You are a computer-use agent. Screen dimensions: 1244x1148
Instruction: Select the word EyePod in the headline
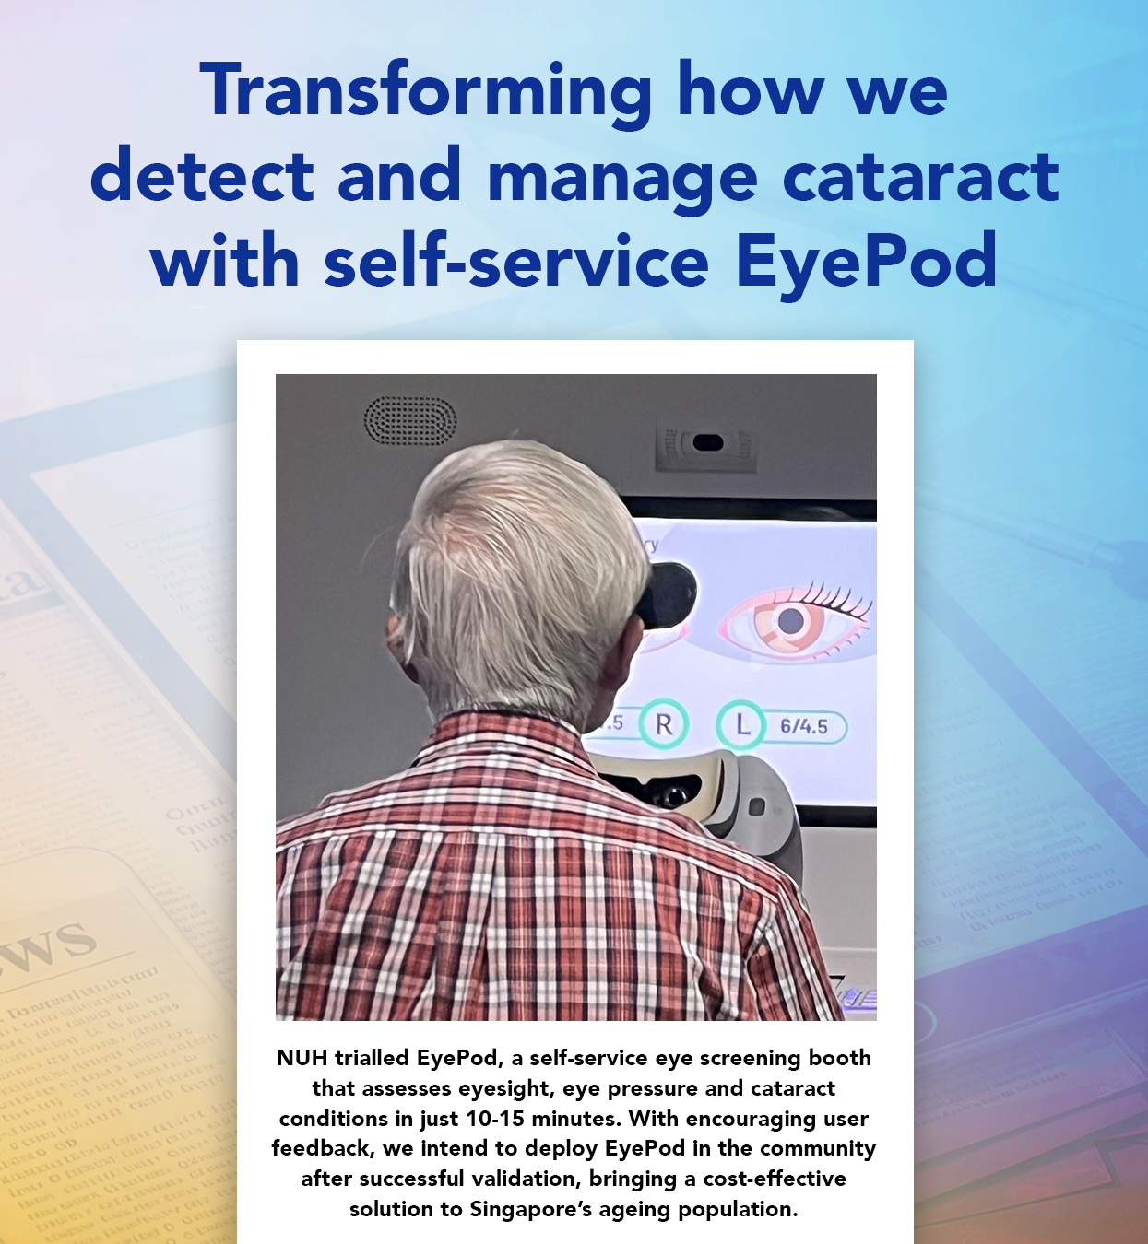[866, 262]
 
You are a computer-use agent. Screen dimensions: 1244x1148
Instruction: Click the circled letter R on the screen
[663, 725]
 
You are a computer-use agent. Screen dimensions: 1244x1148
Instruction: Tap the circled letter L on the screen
[742, 725]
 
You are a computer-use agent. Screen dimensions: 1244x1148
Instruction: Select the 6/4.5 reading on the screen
[804, 726]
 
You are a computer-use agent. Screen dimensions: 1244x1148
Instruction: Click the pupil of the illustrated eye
[790, 621]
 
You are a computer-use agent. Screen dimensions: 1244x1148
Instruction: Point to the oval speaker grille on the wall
[410, 420]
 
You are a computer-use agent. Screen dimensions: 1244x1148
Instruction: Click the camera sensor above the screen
[707, 443]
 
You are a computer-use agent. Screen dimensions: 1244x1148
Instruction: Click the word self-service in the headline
[516, 262]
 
